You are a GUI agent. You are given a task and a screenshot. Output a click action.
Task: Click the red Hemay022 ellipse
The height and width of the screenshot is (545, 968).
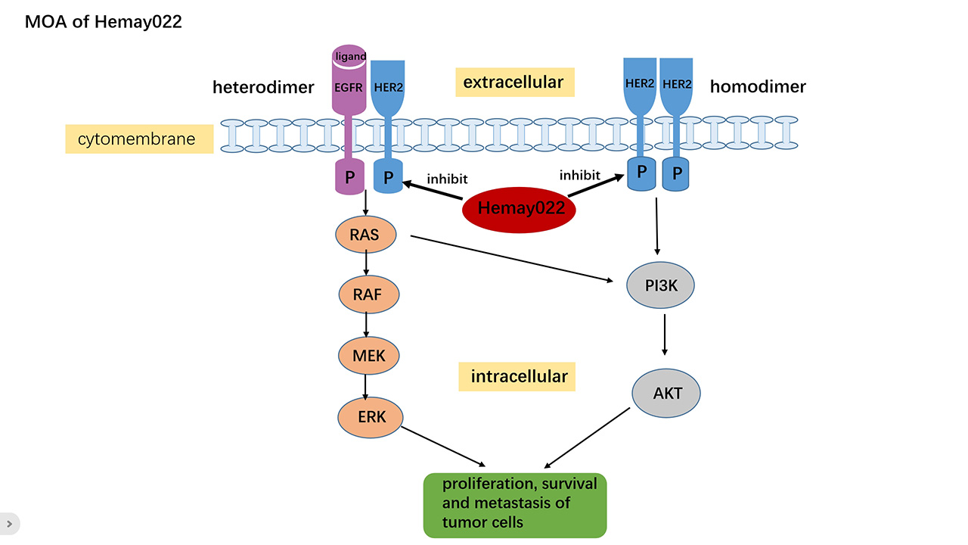tap(519, 210)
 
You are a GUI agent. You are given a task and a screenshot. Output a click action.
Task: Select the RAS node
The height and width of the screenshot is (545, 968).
tap(365, 235)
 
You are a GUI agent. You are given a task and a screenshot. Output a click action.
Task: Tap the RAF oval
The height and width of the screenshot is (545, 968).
tap(368, 294)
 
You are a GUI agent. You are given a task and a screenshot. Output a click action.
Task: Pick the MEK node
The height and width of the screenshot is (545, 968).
tap(368, 356)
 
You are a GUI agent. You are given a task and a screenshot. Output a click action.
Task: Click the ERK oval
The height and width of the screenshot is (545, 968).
tap(371, 417)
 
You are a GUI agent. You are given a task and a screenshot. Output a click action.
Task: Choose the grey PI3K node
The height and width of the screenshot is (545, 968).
tap(660, 285)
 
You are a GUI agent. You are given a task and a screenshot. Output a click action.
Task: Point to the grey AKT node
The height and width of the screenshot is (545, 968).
tap(666, 393)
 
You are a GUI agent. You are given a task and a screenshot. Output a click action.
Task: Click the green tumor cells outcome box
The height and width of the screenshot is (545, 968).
tap(515, 505)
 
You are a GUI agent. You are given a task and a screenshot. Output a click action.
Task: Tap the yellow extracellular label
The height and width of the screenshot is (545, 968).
tap(515, 83)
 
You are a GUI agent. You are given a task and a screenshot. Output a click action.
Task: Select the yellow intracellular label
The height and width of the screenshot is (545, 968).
tap(517, 377)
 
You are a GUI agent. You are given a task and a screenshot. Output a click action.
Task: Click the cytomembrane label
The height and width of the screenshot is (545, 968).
tap(139, 139)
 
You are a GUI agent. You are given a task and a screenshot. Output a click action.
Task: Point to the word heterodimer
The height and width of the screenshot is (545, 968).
tap(263, 87)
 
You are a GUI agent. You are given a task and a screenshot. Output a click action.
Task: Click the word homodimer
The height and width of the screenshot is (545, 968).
tap(758, 86)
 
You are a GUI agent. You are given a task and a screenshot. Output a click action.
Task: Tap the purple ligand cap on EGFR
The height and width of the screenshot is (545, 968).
tap(349, 55)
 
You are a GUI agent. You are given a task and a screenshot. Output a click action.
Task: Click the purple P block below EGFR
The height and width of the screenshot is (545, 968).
tap(349, 176)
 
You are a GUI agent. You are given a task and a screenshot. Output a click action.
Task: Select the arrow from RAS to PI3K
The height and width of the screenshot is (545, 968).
tap(512, 259)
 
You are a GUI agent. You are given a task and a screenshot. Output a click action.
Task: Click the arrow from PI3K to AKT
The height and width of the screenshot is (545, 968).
tap(665, 335)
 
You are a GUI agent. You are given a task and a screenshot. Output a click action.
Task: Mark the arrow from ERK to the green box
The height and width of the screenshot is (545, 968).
tap(443, 447)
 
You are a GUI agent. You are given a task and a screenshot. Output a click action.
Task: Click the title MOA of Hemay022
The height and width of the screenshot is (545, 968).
tap(104, 22)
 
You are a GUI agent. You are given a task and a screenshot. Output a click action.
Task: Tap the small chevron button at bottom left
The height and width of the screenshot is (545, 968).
tap(9, 524)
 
